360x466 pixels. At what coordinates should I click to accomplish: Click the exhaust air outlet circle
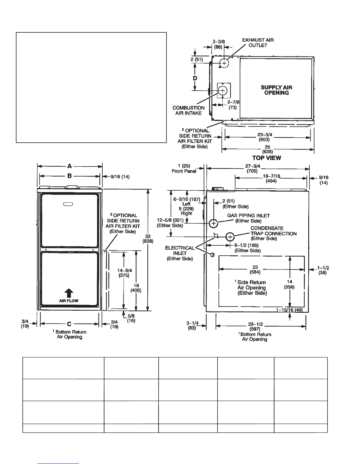click(x=224, y=63)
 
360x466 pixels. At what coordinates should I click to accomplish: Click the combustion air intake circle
click(x=223, y=90)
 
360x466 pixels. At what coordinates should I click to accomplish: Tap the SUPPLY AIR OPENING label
click(x=276, y=90)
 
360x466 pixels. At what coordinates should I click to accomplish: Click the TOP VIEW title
click(x=266, y=158)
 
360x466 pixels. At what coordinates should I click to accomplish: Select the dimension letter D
click(x=195, y=78)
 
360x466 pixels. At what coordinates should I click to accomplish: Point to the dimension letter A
click(x=69, y=167)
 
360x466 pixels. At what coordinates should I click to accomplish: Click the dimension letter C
click(x=69, y=324)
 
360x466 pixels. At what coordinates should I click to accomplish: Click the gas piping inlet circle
click(x=214, y=223)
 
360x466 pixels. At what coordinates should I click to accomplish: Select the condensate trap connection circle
click(x=230, y=237)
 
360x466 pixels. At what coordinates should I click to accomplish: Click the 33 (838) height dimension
click(x=148, y=239)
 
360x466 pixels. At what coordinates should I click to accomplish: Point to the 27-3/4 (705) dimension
click(x=252, y=169)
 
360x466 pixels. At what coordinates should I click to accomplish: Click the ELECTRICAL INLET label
click(x=180, y=253)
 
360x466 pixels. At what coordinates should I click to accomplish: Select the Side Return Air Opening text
click(x=252, y=288)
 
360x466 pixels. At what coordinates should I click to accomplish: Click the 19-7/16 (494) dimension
click(x=271, y=179)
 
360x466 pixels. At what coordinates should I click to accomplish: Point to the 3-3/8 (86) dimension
click(x=219, y=44)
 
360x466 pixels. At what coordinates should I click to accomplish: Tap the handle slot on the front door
click(x=68, y=205)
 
